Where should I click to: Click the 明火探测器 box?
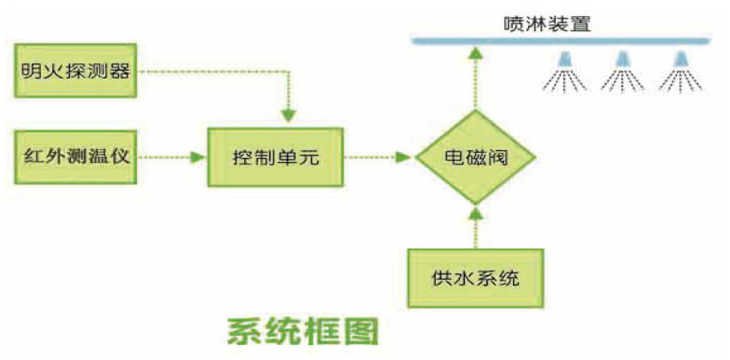(75, 71)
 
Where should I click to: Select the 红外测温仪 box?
(75, 156)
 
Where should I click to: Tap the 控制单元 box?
(276, 157)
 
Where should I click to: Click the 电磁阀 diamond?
(476, 157)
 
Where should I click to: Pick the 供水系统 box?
(475, 278)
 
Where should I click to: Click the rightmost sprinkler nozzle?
(682, 59)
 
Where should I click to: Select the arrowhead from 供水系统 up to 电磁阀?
(475, 213)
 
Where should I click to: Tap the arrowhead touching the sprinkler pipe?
(475, 52)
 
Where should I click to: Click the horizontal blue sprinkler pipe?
(561, 40)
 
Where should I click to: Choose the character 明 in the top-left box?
(31, 71)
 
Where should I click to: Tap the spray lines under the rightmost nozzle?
(682, 79)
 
